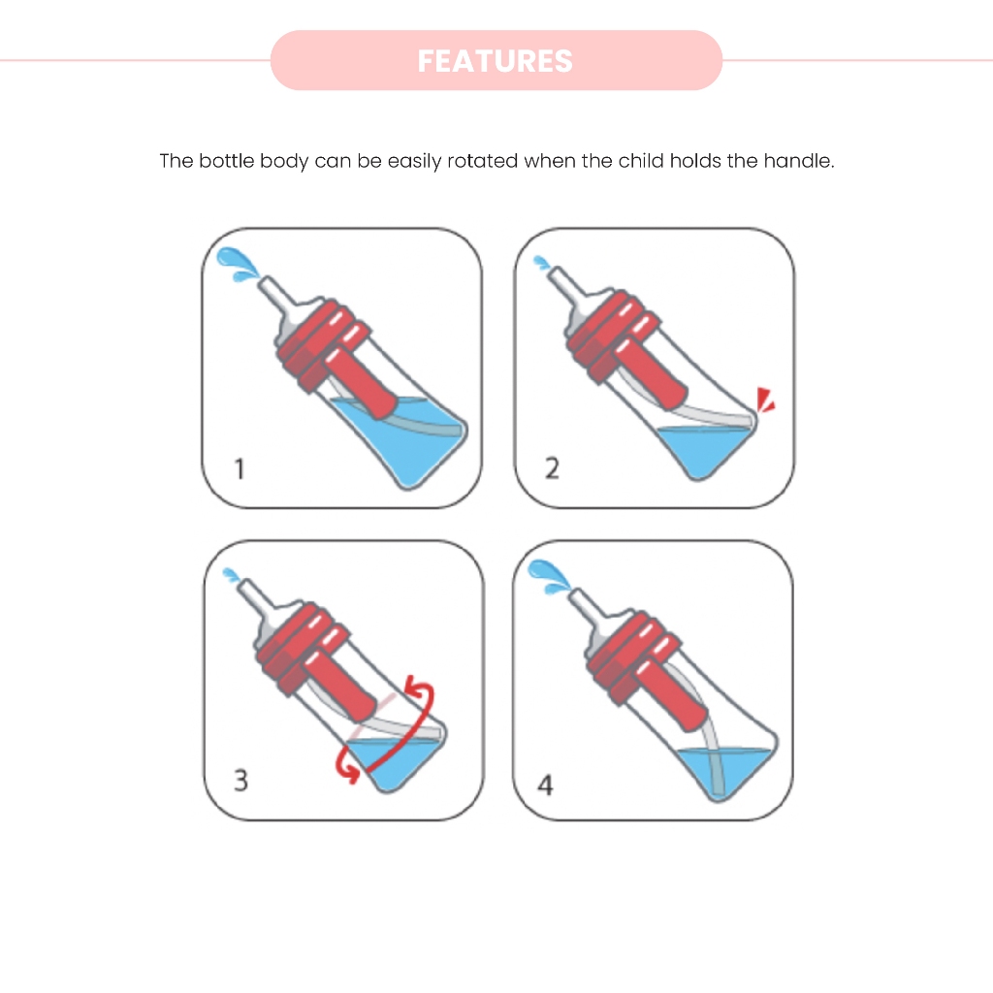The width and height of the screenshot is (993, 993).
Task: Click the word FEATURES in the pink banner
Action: [x=496, y=61]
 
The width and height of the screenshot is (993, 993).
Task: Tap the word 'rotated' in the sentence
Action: [x=483, y=161]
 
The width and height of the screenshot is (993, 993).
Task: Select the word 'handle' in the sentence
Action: [x=799, y=161]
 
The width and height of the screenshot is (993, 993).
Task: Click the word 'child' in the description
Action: [x=642, y=161]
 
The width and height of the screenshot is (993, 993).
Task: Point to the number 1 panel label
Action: [x=240, y=469]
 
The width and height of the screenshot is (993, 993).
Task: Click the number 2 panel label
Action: [x=552, y=468]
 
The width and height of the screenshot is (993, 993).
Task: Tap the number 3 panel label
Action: [x=240, y=781]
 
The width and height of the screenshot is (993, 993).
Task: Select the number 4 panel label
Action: [x=545, y=785]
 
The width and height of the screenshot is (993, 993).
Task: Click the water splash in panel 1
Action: [x=237, y=264]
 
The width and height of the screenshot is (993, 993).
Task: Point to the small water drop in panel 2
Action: [x=542, y=262]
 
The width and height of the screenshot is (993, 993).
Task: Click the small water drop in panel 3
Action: [x=232, y=575]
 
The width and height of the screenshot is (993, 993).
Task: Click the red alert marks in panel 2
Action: [x=766, y=400]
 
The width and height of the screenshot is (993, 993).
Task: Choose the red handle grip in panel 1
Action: [x=361, y=383]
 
